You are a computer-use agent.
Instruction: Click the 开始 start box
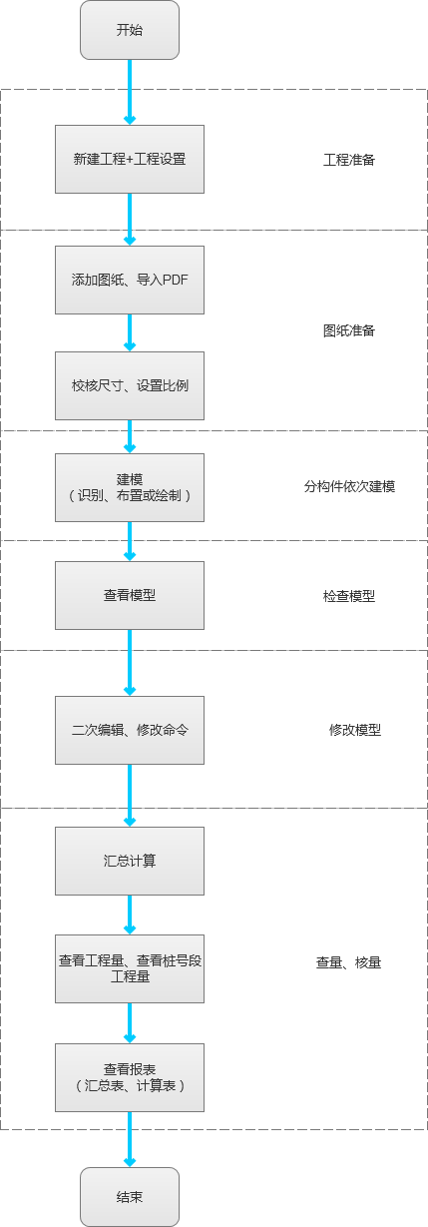(130, 30)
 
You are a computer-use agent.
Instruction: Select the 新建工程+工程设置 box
(130, 159)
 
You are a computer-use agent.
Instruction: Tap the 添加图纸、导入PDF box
(130, 280)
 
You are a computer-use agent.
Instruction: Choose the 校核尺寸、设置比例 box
(130, 385)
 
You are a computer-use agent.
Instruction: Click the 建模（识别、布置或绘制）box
(130, 487)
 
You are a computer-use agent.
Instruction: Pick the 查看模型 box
(130, 595)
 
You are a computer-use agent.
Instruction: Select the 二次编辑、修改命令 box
(130, 730)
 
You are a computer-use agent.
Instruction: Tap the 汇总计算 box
(130, 861)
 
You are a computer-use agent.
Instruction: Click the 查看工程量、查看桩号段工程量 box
(130, 968)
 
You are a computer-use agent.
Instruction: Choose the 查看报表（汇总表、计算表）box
(130, 1077)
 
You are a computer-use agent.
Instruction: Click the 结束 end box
(130, 1196)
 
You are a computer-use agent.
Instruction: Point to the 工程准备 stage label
(349, 160)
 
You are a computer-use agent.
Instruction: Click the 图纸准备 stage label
(349, 330)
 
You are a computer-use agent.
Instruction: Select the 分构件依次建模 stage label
(350, 487)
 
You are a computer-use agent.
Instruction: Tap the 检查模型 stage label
(349, 596)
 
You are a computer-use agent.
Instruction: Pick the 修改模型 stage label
(355, 730)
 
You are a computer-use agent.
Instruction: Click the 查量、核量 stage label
(349, 962)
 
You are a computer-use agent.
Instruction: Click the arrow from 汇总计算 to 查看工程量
(130, 915)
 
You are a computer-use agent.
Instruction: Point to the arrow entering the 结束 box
(130, 1139)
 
